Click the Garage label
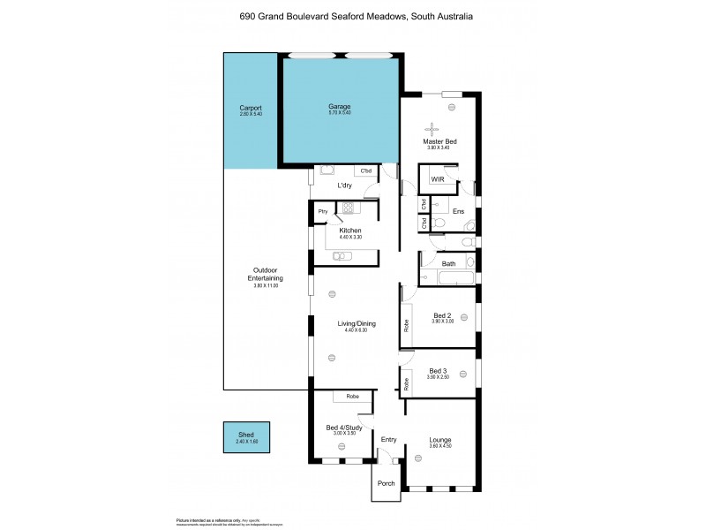[340, 107]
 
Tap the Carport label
[252, 108]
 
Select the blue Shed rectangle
[246, 436]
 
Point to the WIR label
[437, 179]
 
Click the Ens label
[458, 211]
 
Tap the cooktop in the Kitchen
[348, 209]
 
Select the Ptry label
[322, 211]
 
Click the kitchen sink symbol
[343, 256]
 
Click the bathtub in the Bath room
[449, 279]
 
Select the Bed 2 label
[442, 315]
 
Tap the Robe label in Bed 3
[407, 384]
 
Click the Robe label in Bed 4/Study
[352, 397]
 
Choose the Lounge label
[439, 439]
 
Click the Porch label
[386, 483]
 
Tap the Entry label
[388, 439]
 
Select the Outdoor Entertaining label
[266, 274]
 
